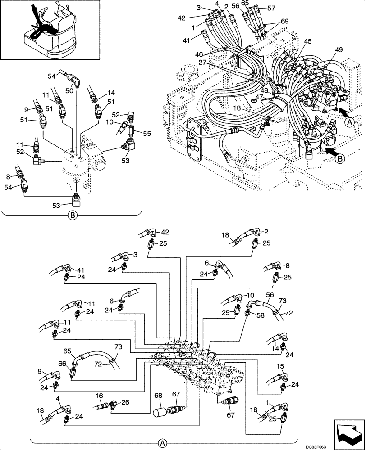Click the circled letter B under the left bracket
[x=73, y=215]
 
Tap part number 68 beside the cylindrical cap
[x=158, y=396]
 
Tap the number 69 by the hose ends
[x=284, y=22]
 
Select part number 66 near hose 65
[x=62, y=364]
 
